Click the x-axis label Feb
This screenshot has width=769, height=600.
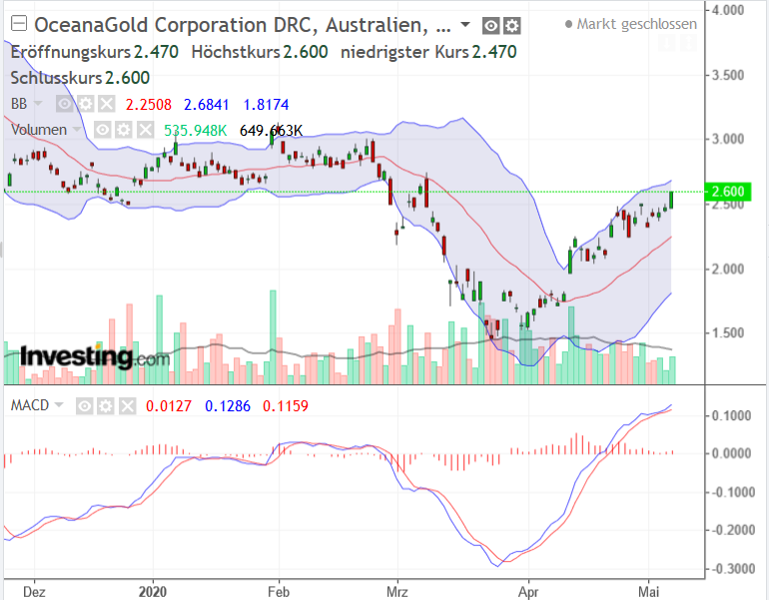(278, 589)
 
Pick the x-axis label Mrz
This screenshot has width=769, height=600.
(398, 589)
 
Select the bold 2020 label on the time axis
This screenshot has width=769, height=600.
(153, 589)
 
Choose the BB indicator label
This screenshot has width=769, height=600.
(19, 103)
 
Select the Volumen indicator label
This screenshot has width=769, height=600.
(39, 129)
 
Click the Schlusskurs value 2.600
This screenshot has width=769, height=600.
(123, 78)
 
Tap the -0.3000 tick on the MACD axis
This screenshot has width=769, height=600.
(736, 568)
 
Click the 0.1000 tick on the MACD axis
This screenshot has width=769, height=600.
(736, 415)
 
